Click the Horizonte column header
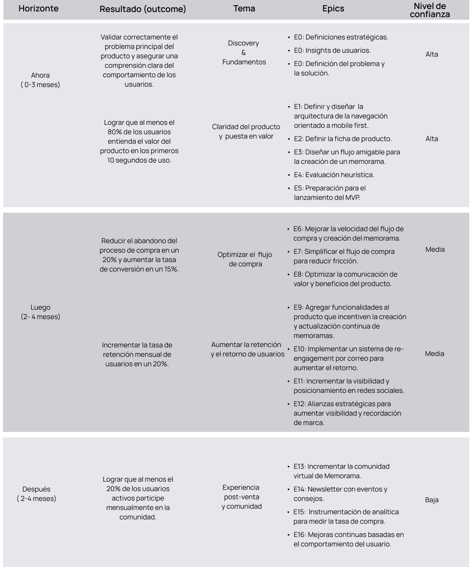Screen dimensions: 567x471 38,9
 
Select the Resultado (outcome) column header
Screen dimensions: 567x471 143,9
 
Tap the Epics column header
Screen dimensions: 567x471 333,9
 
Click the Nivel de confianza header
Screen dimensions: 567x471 430,10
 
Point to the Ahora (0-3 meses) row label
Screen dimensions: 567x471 40,80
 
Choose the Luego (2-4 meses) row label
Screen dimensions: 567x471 40,312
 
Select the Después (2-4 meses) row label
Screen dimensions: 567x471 36,494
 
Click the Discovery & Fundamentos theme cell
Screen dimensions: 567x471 244,53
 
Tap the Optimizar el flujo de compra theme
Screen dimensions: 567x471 245,259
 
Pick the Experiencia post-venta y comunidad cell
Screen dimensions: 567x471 242,497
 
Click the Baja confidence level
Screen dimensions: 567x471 432,500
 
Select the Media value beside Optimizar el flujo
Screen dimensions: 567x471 435,250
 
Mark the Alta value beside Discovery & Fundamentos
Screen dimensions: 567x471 432,54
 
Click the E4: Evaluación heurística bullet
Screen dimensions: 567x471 334,175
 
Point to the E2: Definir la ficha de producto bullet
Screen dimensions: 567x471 343,139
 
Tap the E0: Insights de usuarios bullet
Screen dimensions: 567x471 332,50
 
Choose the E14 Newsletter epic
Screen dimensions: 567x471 340,494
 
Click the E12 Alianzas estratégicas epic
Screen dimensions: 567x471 347,413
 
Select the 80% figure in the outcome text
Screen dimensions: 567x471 115,132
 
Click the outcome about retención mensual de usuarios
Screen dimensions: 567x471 137,354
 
